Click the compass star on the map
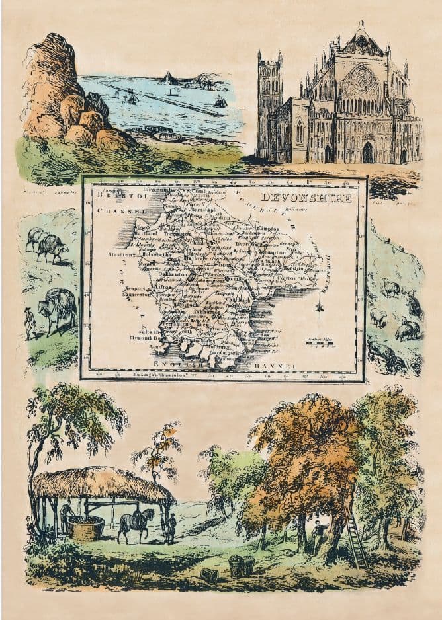(x=319, y=307)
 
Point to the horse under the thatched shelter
(x=135, y=522)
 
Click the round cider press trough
(x=87, y=527)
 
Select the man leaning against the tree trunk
(x=319, y=534)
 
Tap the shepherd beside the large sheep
(x=30, y=323)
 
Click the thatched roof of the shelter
(x=99, y=484)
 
